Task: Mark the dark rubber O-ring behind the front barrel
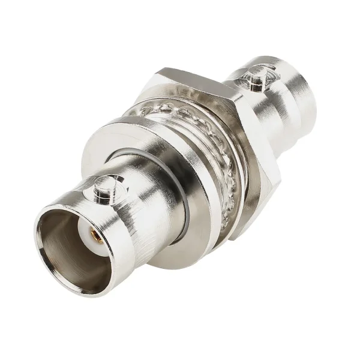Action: click(x=191, y=198)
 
